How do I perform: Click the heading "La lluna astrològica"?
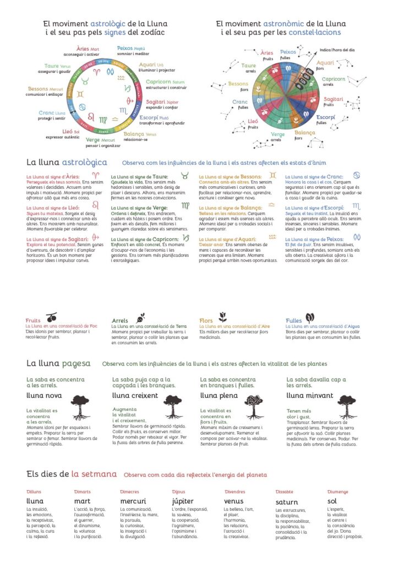67,162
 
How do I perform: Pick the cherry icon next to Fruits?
51,318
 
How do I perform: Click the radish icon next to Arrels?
140,317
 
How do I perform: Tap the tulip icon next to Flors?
222,317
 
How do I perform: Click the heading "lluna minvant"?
310,395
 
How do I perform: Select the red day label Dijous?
178,492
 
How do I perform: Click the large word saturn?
287,502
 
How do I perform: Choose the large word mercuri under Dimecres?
133,501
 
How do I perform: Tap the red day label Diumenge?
337,492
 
